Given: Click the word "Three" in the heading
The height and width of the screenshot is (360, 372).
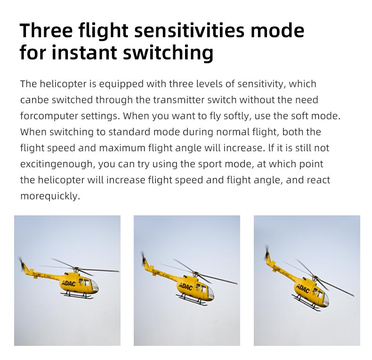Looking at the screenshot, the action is click(46, 31).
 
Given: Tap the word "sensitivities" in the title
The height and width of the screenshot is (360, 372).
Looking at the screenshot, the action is click(189, 31).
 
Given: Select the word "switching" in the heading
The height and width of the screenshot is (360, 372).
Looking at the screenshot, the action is click(168, 53).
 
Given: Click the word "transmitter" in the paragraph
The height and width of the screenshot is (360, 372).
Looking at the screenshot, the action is click(178, 100).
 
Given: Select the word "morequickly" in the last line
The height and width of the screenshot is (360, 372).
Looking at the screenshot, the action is click(50, 196).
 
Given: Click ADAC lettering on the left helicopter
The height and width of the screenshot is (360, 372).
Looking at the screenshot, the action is click(69, 283).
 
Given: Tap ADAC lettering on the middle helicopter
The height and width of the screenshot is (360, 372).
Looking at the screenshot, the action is click(185, 286).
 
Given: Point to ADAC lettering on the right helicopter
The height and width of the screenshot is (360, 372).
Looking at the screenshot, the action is click(302, 288).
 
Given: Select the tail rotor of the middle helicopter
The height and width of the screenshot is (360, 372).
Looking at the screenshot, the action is click(144, 259).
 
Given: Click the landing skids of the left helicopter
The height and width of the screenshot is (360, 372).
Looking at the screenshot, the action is click(77, 295).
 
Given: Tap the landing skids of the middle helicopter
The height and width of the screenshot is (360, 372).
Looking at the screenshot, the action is click(191, 300).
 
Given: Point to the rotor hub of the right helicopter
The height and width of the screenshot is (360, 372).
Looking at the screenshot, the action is click(315, 278).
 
